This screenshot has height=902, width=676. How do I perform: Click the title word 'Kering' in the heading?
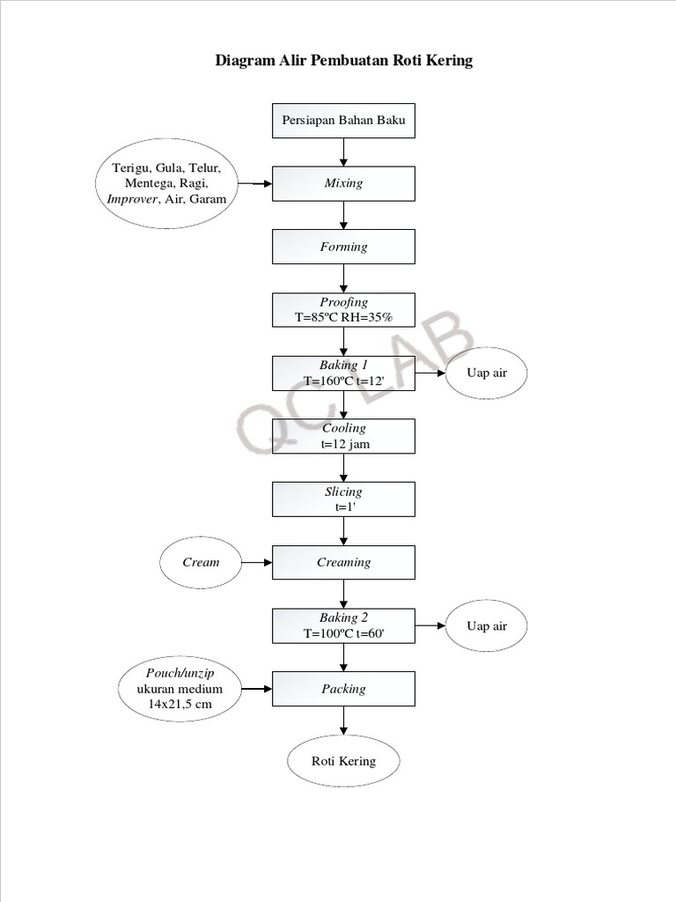447,61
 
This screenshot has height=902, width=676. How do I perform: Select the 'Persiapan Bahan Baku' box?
343,121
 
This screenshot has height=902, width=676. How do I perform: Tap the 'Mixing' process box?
343,183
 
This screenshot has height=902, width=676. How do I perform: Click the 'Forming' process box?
343,247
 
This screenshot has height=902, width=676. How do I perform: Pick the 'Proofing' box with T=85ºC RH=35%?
343,310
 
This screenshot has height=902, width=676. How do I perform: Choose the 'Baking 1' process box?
343,373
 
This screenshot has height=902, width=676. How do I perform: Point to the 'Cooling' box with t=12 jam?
343,436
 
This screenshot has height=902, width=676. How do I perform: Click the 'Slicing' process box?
343,499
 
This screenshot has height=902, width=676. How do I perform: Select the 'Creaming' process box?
343,562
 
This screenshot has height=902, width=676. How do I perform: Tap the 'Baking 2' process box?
343,625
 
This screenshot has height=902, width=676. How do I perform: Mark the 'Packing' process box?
343,689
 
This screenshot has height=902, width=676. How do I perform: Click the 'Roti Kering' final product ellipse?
343,761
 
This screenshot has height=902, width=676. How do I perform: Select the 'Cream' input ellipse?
201,562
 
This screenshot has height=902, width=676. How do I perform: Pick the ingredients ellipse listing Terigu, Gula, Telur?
168,183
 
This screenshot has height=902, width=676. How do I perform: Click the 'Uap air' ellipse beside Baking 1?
487,373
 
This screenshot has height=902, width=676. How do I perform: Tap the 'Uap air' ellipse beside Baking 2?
487,625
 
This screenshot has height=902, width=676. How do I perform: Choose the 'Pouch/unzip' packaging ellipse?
180,689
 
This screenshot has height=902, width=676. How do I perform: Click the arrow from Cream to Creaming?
256,562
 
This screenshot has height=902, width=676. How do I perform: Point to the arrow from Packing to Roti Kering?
343,721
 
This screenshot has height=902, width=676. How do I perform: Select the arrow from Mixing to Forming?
343,215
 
